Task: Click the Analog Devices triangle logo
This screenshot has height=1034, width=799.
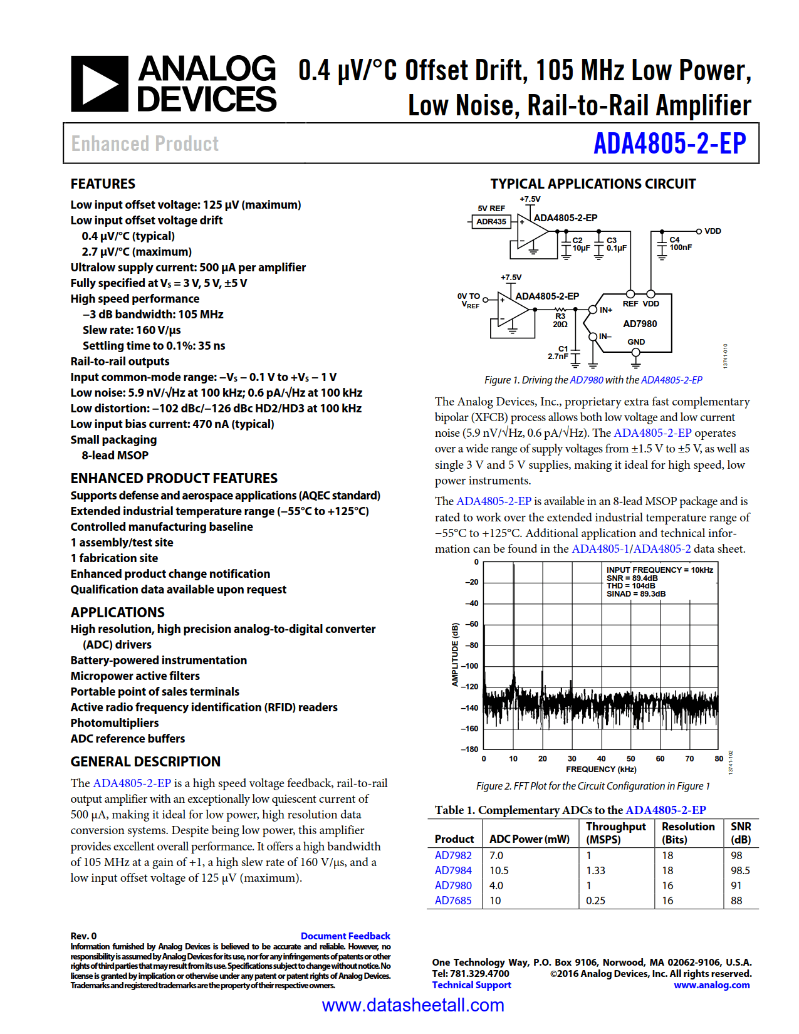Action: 100,84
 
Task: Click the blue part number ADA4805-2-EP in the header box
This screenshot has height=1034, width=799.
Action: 669,144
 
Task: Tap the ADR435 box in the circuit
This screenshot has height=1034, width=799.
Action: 491,221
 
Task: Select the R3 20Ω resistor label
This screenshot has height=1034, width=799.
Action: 560,320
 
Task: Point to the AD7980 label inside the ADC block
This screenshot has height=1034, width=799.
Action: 640,324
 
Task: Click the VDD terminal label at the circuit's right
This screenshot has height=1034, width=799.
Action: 713,231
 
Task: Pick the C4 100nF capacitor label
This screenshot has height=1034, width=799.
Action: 680,244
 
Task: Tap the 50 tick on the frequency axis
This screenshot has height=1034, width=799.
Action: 630,759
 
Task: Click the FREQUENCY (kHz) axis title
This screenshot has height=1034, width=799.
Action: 600,770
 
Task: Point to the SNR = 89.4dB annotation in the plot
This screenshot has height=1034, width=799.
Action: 632,578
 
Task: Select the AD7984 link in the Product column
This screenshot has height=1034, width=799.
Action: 453,870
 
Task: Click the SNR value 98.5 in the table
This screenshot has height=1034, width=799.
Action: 740,870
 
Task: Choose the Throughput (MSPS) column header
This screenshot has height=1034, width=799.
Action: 615,833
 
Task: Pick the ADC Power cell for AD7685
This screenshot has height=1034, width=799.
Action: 495,901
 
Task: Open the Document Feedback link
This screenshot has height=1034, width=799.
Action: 345,936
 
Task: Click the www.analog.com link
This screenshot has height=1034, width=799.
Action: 711,985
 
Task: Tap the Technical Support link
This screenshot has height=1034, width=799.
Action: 471,985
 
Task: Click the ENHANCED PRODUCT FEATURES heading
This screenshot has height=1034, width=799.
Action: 174,478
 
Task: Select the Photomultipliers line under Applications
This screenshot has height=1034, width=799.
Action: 115,723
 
